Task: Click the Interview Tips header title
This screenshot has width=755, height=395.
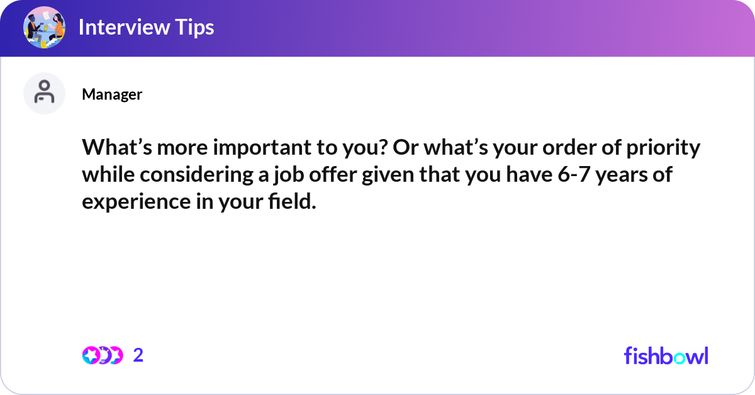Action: tap(146, 27)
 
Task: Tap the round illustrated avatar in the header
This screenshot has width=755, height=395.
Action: tap(44, 27)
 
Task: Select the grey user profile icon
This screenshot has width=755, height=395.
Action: tap(44, 93)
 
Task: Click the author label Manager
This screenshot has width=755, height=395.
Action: tap(112, 94)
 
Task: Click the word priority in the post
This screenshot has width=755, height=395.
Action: tap(663, 148)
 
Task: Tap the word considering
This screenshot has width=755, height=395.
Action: tap(196, 175)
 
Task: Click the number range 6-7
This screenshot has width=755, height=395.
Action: tap(574, 174)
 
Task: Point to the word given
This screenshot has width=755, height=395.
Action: tap(388, 175)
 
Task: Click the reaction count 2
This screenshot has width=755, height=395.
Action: tap(138, 355)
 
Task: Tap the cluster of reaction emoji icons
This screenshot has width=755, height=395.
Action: tap(103, 355)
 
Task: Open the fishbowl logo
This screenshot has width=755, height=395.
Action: tap(666, 355)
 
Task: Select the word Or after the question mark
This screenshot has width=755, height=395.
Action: tap(405, 148)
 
